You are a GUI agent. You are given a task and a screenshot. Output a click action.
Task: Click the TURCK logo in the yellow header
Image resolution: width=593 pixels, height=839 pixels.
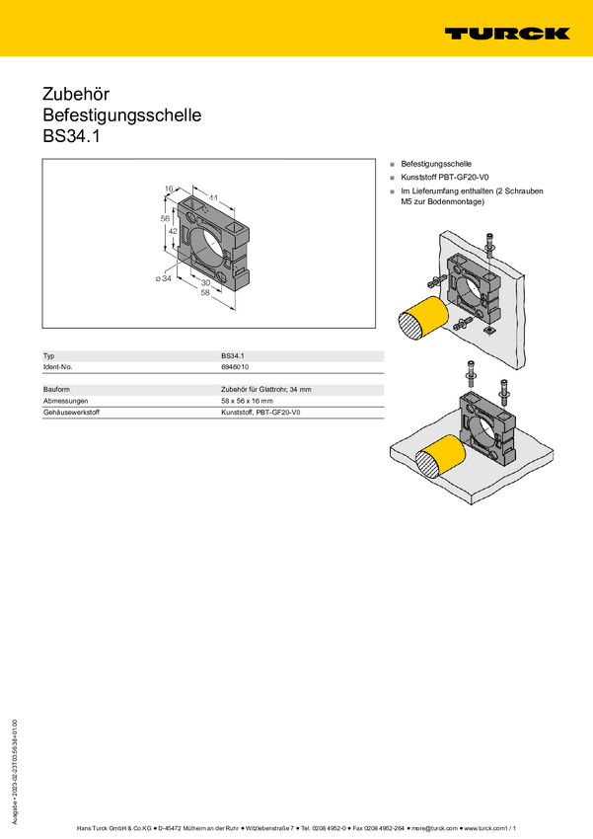[507, 34]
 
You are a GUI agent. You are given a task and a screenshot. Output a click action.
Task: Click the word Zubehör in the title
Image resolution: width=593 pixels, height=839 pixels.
[76, 94]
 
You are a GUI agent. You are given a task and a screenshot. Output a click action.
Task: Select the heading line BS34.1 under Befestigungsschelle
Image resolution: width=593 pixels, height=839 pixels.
[71, 136]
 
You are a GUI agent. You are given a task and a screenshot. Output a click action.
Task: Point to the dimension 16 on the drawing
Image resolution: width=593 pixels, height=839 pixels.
[169, 189]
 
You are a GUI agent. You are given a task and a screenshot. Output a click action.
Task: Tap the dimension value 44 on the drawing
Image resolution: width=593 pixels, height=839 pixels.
[213, 198]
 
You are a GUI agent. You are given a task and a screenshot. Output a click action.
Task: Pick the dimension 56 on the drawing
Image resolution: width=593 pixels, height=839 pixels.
[165, 218]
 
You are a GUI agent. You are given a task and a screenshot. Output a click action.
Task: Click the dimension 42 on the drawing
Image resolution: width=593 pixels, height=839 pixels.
[173, 231]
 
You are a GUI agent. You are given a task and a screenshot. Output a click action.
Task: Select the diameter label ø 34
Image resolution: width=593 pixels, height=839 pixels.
[164, 278]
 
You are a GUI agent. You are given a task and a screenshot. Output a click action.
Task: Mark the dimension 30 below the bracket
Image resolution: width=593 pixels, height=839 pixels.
[205, 282]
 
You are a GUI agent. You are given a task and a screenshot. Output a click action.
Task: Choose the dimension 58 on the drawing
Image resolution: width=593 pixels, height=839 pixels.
[205, 292]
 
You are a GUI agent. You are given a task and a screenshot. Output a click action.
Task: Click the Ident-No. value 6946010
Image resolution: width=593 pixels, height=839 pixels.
[235, 367]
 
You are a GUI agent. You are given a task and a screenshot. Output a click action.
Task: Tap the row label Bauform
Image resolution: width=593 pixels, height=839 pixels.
[56, 390]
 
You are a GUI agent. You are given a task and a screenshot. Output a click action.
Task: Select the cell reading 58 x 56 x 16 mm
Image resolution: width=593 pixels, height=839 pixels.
[247, 401]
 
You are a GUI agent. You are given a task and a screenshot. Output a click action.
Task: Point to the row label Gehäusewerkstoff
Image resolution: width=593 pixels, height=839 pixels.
[71, 413]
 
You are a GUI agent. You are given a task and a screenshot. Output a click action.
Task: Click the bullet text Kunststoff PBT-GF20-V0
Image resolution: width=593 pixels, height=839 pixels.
[445, 177]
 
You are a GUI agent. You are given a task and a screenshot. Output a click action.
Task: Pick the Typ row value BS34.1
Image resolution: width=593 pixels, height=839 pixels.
[233, 355]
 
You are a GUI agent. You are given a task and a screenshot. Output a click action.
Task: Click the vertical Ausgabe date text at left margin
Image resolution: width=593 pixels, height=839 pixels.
[15, 772]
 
